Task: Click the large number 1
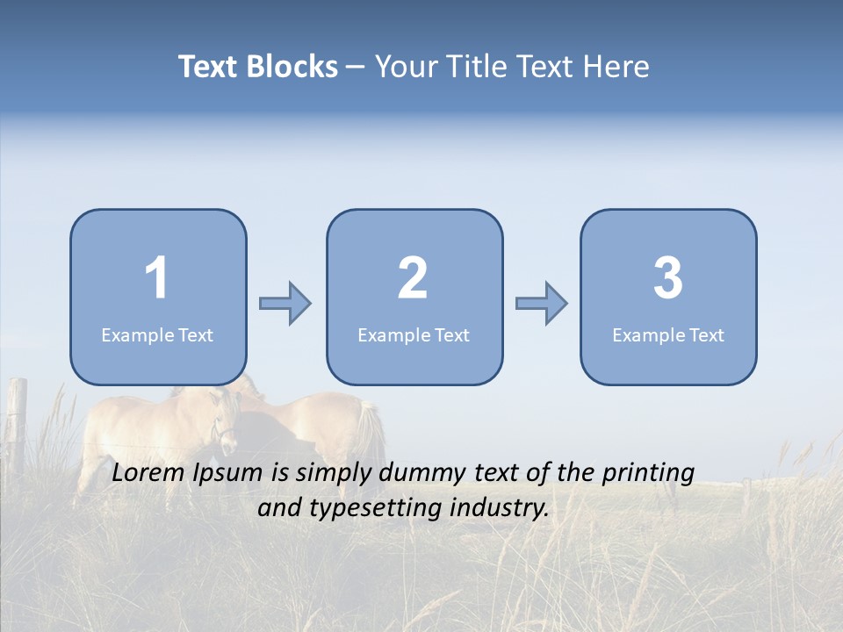157,278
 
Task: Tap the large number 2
413,278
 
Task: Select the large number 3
668,278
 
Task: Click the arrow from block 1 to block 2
285,304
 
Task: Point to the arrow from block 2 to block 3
541,304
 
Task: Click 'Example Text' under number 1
157,334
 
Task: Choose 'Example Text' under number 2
414,334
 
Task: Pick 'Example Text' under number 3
668,334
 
